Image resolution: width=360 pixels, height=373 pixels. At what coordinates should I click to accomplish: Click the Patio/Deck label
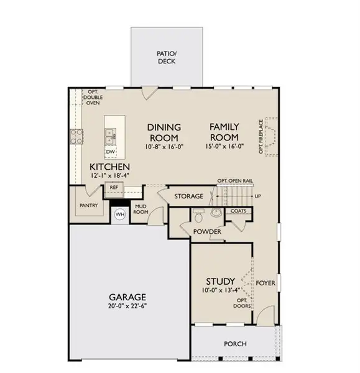[165, 58]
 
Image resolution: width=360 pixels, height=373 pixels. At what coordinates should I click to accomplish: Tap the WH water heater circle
[120, 215]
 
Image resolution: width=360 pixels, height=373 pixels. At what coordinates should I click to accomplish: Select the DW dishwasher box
[110, 152]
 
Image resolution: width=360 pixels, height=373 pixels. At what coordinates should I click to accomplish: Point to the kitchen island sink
[110, 132]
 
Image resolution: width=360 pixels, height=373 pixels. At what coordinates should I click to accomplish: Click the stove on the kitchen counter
[77, 136]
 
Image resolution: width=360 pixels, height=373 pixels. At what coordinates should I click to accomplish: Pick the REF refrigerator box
[114, 187]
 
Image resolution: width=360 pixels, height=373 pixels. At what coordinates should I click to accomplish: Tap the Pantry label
[86, 205]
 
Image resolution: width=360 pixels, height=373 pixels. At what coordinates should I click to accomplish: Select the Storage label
[188, 196]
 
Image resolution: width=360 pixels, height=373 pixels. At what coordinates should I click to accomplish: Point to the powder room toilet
[199, 216]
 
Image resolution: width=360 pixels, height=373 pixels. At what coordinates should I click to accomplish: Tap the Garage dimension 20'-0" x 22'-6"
[129, 305]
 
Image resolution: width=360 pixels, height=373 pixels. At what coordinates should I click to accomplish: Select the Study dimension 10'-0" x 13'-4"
[220, 290]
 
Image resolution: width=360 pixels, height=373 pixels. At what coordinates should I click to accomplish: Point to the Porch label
[235, 344]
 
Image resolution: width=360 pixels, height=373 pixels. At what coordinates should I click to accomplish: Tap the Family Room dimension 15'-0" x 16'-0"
[224, 147]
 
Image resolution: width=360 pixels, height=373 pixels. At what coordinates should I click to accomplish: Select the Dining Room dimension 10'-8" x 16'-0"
[164, 147]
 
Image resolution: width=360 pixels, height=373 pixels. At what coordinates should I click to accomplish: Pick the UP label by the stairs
[256, 196]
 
